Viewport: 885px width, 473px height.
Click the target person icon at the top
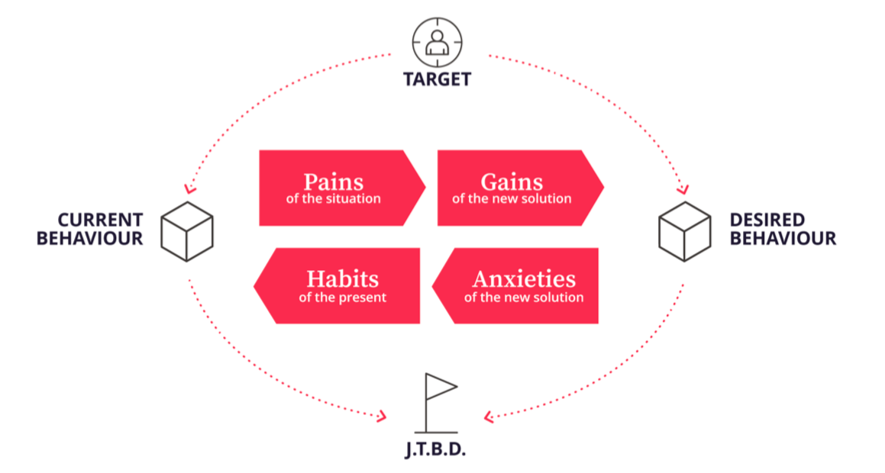pos(437,43)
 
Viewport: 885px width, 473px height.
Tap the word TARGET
pos(438,79)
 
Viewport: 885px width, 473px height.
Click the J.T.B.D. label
pos(436,449)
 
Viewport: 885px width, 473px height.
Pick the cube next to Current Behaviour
pos(187,232)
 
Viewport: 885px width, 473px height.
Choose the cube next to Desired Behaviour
pos(685,232)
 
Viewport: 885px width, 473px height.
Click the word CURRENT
pos(101,220)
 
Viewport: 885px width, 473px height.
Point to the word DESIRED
pos(767,220)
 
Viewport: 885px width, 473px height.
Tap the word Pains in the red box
pos(334,182)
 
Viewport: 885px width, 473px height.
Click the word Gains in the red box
pos(512,182)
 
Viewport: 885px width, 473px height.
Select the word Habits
pos(343,279)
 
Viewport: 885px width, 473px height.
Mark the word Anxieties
pos(525,279)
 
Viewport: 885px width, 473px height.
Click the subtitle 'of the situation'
pos(334,198)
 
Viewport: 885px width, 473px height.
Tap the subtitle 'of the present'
pos(343,297)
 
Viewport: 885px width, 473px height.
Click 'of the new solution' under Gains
pos(512,198)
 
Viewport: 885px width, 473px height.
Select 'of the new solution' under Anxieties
pos(525,297)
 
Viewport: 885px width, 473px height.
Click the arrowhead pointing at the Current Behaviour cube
pos(189,189)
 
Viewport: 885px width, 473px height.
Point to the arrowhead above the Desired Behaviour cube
pos(683,189)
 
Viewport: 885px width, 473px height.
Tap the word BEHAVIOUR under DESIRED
pos(783,239)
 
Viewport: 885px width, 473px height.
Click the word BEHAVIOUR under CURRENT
pos(90,239)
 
